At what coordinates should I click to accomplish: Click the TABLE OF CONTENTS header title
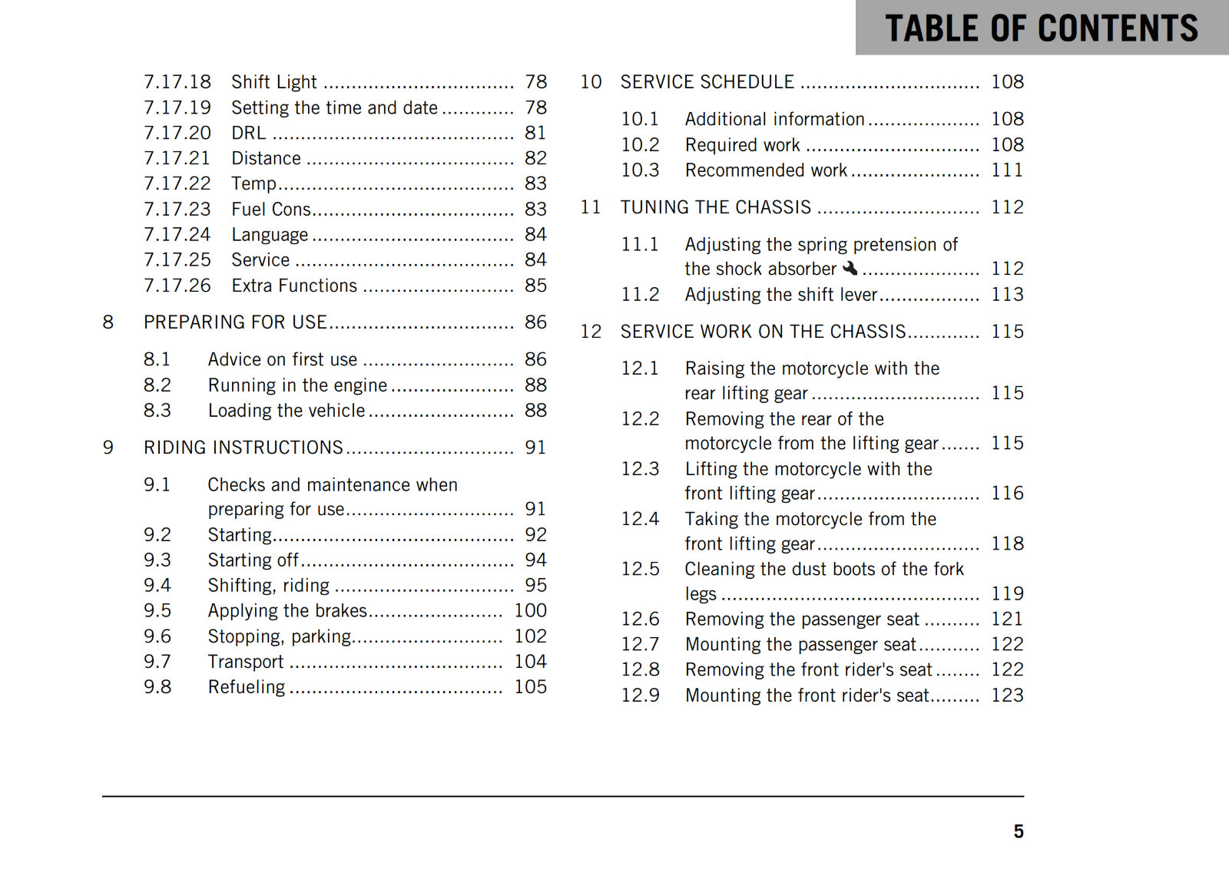(1041, 28)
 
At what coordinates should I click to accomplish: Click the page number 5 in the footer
(1018, 831)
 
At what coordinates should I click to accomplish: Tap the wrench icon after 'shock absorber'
(850, 268)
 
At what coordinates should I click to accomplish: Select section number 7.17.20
(177, 133)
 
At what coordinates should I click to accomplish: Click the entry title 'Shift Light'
(274, 82)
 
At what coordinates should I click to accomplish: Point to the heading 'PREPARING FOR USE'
(235, 322)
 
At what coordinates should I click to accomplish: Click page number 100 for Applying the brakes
(530, 610)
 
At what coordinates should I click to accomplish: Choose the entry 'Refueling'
(247, 687)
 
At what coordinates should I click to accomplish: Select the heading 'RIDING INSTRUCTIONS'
(243, 448)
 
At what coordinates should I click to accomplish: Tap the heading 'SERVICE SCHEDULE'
(707, 82)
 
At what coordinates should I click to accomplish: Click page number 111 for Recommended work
(1007, 170)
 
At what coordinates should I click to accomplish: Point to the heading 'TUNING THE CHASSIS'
(715, 207)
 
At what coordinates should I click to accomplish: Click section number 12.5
(640, 569)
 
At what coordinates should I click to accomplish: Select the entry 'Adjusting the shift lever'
(780, 295)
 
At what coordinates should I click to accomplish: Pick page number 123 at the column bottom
(1007, 695)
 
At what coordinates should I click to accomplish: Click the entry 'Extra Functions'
(294, 286)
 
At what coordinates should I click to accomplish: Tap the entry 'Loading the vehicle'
(287, 411)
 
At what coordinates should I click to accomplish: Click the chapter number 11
(591, 207)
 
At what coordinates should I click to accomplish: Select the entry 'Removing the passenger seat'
(802, 619)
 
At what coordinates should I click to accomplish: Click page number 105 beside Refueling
(530, 687)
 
